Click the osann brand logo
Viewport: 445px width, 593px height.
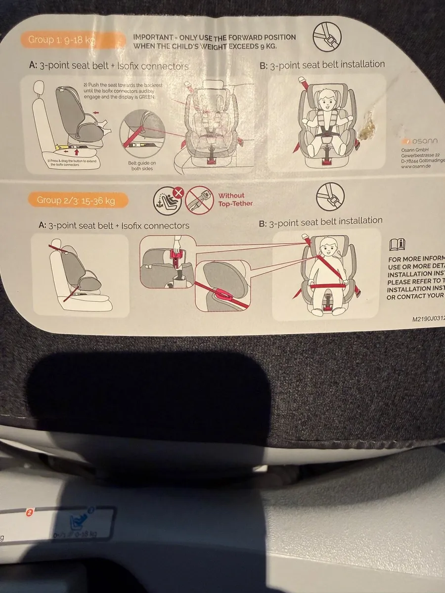tap(418, 141)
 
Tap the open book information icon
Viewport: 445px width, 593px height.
tap(398, 244)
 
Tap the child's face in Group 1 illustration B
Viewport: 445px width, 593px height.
tap(327, 101)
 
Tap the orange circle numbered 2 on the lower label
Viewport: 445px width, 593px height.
tap(29, 513)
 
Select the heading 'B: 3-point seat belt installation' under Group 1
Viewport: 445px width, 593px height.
tap(321, 65)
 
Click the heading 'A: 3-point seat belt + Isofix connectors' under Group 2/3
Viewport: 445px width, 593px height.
tap(114, 225)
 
